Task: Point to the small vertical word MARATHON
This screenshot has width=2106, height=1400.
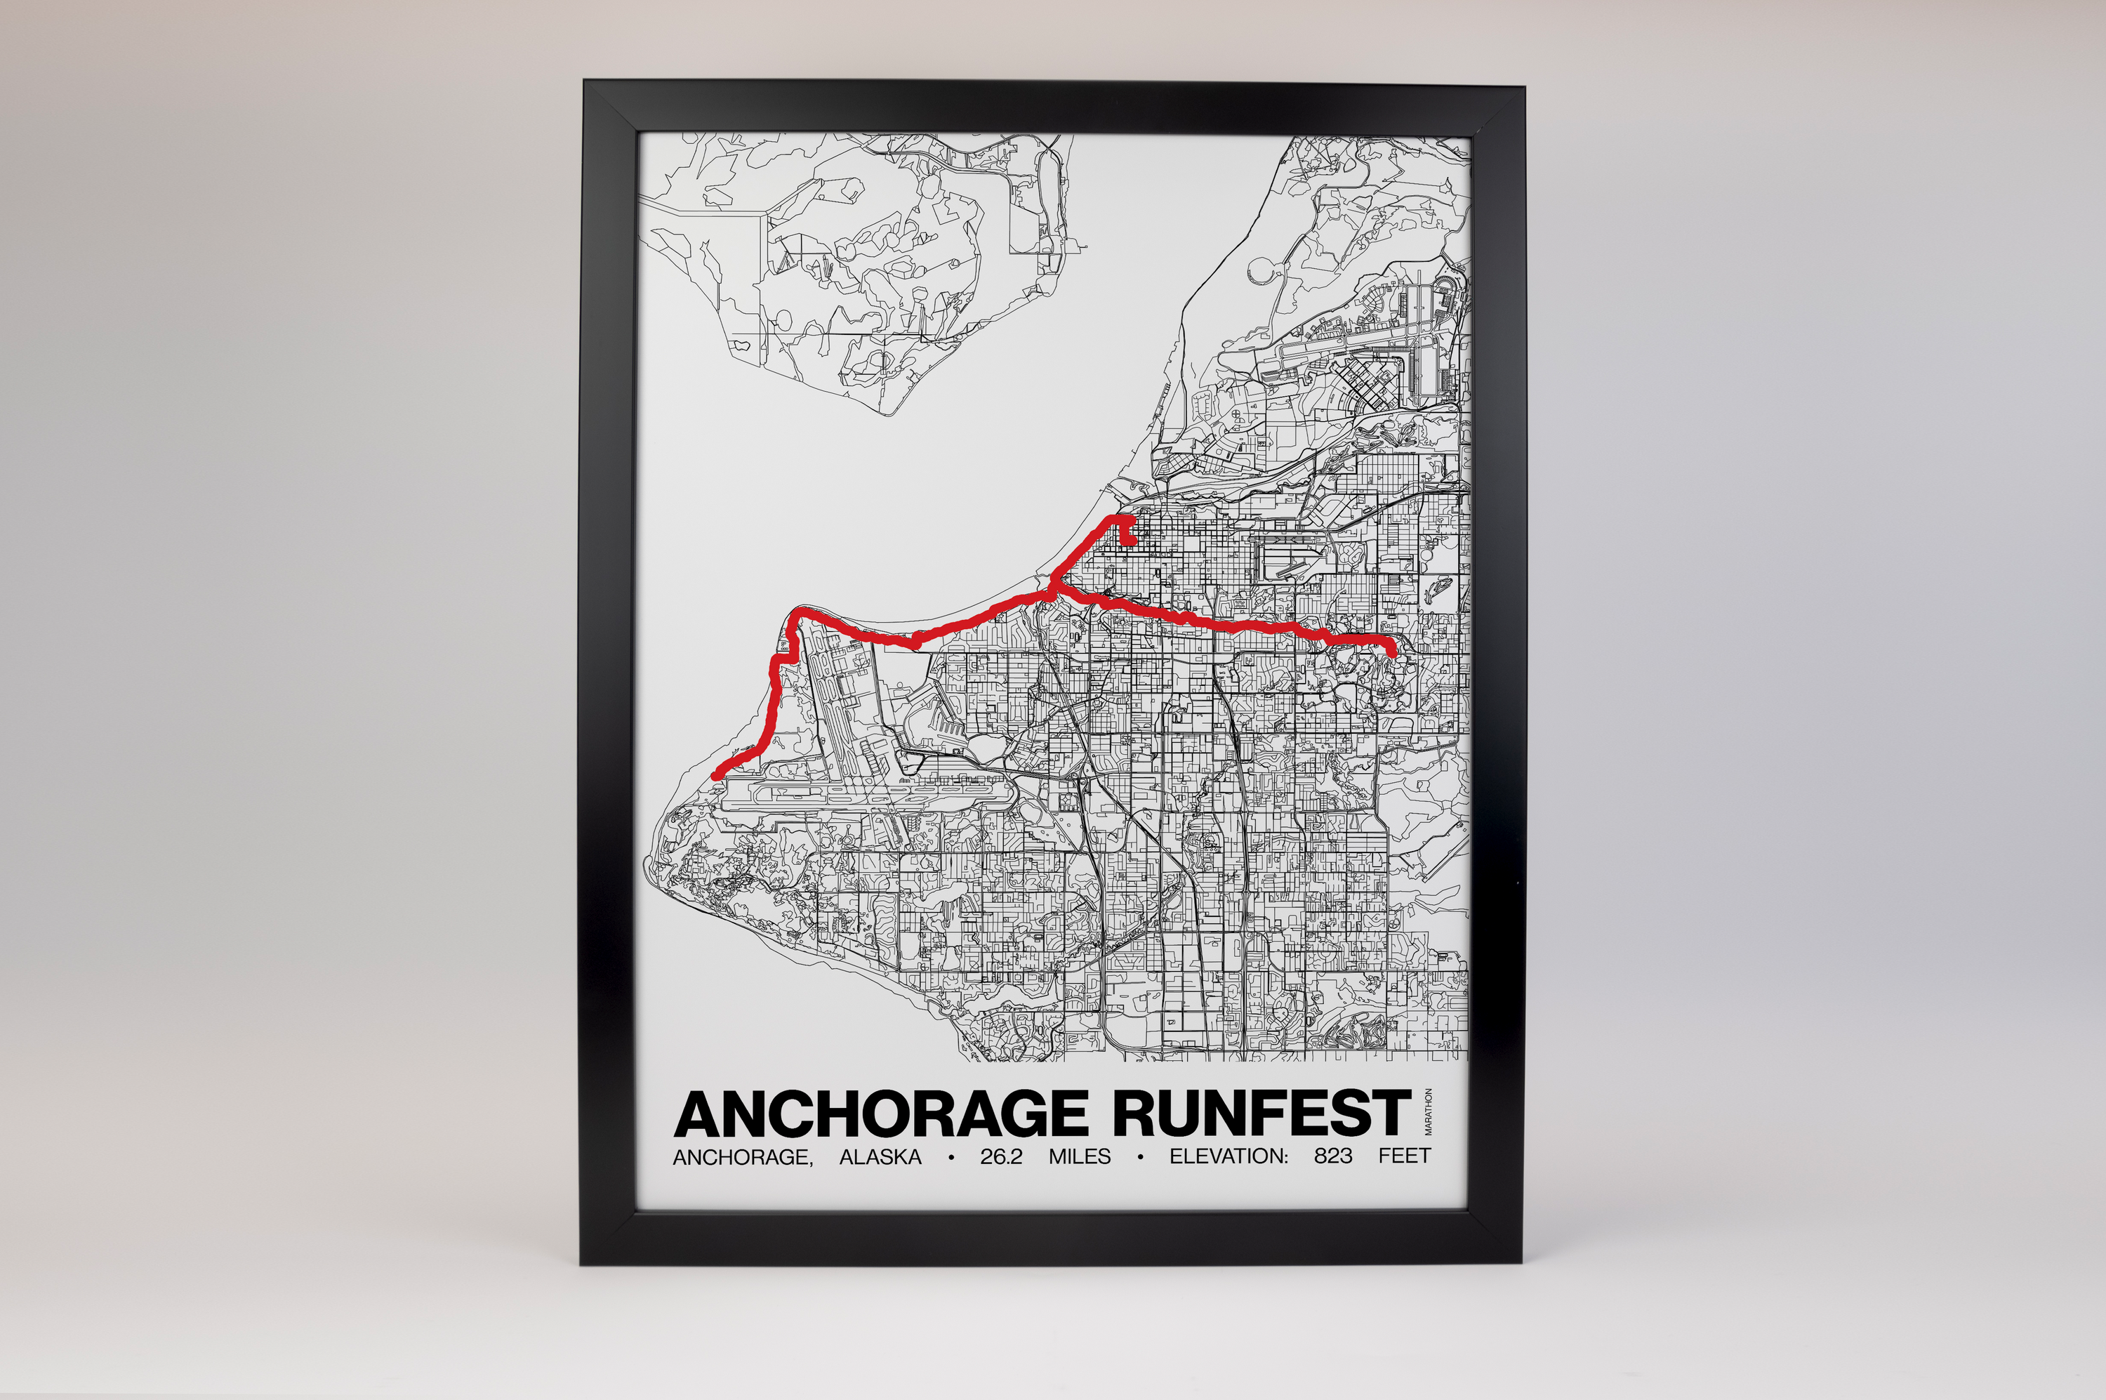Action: click(1429, 1111)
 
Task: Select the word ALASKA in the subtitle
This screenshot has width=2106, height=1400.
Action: click(880, 1157)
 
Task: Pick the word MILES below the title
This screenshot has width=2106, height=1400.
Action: click(1080, 1157)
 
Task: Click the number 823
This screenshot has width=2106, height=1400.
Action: click(1333, 1157)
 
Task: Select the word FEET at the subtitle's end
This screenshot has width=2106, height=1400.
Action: click(1404, 1157)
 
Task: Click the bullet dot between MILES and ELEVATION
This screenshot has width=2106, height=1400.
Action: click(1140, 1158)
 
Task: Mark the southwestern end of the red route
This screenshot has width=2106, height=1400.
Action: click(716, 776)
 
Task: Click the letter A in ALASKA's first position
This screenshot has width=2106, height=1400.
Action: click(847, 1157)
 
